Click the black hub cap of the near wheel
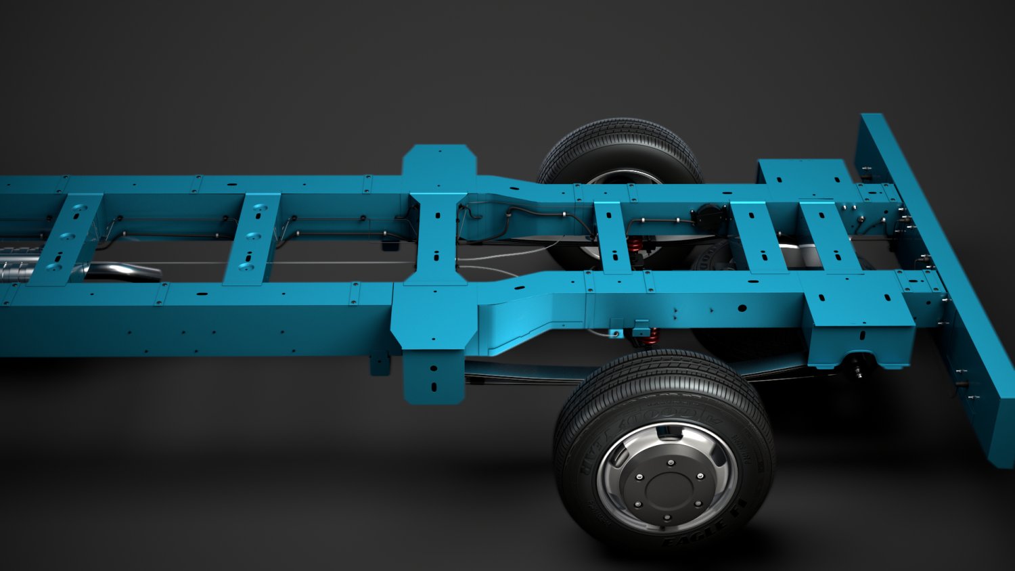point(666,482)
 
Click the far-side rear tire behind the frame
point(619,149)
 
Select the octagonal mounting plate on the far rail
point(439,162)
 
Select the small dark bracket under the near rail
point(380,361)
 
